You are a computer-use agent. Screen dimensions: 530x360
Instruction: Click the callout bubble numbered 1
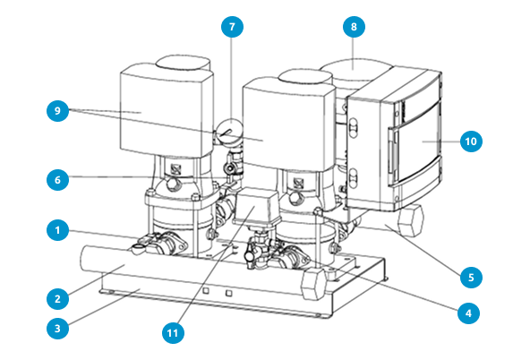57,230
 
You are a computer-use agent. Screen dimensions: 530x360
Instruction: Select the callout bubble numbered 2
57,298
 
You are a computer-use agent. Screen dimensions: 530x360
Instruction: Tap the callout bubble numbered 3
57,329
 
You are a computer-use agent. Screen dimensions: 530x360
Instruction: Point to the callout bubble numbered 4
468,313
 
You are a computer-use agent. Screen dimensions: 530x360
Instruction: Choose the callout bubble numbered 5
471,278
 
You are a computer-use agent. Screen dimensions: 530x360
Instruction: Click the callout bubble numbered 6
57,179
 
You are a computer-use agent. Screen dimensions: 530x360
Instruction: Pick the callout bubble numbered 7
232,26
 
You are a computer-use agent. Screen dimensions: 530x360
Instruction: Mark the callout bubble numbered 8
354,26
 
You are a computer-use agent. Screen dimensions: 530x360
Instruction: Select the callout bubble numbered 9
57,110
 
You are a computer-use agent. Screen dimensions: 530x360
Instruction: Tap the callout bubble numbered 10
471,141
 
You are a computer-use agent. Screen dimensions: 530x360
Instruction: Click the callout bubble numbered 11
173,332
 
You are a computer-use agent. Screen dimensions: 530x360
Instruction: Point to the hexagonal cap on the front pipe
314,283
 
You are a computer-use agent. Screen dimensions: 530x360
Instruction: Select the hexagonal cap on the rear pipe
410,220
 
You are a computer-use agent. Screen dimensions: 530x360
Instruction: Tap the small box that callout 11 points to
257,206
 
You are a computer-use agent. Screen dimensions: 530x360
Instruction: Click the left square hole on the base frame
206,291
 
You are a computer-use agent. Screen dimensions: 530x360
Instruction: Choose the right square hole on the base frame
229,293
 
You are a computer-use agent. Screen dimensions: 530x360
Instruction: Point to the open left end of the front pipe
84,259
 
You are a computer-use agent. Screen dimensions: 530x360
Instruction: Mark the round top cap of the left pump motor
184,63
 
